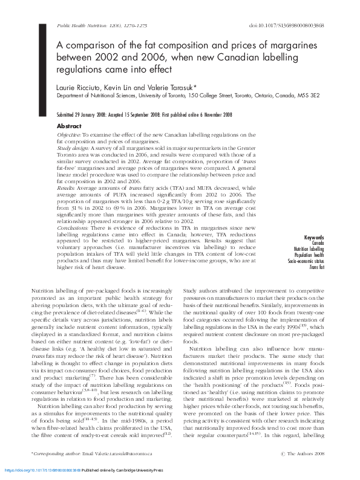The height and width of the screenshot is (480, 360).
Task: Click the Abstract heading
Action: click(x=69, y=126)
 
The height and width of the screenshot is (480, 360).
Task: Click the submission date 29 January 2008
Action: click(x=90, y=114)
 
